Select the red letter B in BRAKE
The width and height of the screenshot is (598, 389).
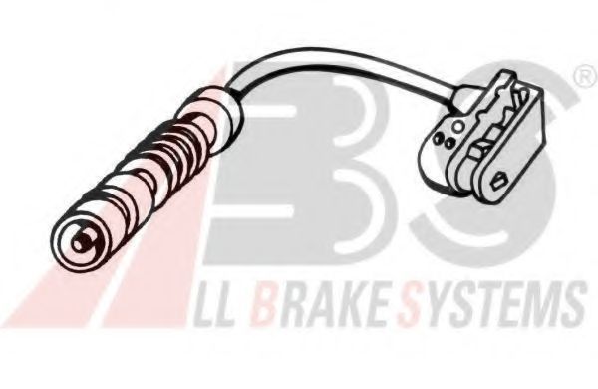[266, 306]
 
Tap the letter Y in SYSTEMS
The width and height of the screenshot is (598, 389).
[439, 306]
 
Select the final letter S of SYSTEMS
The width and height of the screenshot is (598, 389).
[571, 304]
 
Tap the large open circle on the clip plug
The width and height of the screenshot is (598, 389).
[458, 126]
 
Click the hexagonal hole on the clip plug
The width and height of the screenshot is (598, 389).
[498, 180]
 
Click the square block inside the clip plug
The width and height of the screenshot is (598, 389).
[480, 150]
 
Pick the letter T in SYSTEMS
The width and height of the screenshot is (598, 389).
[479, 306]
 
